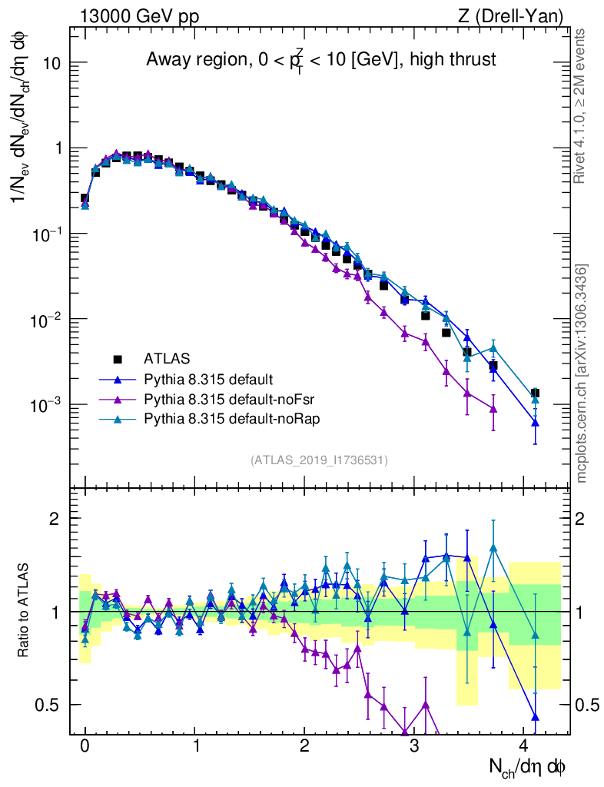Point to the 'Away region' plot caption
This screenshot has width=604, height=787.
tap(320, 59)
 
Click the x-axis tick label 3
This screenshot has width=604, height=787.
tap(415, 746)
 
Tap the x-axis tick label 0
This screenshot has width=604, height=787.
tap(85, 746)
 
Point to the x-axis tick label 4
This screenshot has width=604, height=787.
tap(525, 746)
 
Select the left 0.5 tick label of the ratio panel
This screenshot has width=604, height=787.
tap(48, 705)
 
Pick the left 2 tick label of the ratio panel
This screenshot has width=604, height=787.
tap(55, 518)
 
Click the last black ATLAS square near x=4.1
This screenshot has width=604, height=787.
tap(535, 393)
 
